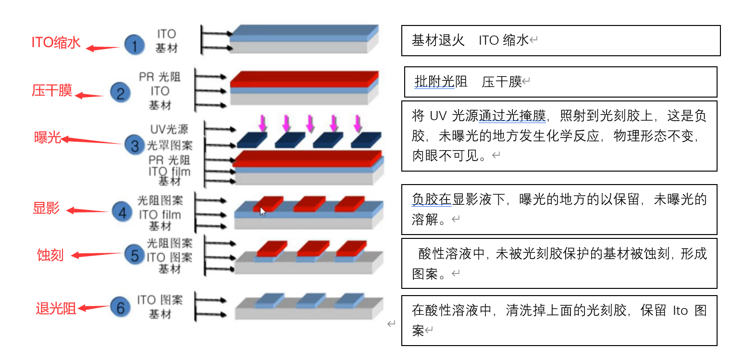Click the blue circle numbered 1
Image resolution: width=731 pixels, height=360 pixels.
pos(135,45)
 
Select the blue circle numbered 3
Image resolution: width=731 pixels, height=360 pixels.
pos(134,144)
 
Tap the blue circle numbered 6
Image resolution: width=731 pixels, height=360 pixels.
pos(121,307)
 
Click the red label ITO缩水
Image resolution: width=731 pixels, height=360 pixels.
pos(56,42)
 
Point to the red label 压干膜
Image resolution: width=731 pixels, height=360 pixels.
pos(52,90)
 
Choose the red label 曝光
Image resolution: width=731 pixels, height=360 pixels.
pos(48,138)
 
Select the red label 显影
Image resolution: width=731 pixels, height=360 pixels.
pos(46,208)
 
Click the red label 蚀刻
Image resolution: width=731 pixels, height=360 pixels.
pos(50,255)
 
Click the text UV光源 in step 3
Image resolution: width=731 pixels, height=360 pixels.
pos(169,129)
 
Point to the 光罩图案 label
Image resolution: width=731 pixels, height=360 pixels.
pos(169,145)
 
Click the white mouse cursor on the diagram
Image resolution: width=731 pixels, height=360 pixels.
pos(262,211)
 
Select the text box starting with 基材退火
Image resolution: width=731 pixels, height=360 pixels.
pos(561,41)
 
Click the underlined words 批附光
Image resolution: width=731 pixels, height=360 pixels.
pos(434,82)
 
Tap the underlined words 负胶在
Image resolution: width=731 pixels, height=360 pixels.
pos(432,199)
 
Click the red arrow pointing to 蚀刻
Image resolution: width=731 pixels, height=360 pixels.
pos(98,255)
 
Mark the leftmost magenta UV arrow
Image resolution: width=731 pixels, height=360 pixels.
pos(262,124)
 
